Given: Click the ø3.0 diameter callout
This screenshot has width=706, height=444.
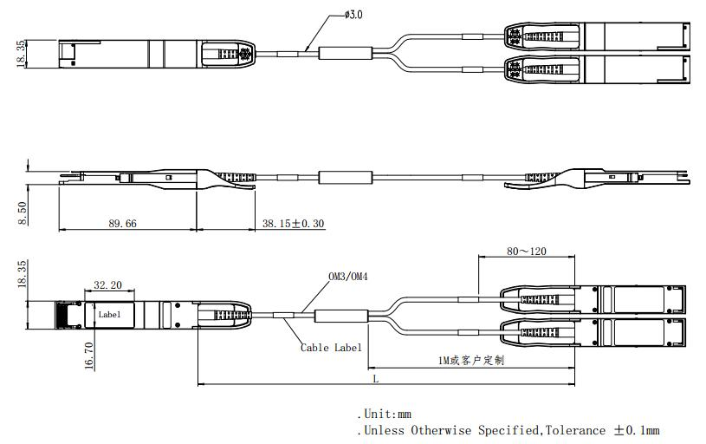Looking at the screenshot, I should coord(353,15).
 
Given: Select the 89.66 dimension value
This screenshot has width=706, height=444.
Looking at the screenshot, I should coord(122,223).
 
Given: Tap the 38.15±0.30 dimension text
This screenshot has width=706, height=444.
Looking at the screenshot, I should coord(293,223).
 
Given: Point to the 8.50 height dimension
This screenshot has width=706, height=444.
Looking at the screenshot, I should coord(21,212).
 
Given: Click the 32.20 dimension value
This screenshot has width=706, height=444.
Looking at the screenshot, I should coord(107,284).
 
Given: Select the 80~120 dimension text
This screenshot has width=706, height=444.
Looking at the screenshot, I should coord(526,251).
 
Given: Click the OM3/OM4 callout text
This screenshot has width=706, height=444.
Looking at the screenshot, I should coord(349,277).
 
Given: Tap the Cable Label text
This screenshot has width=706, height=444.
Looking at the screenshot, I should coord(331,348).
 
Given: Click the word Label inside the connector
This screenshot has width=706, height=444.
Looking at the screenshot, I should coord(109,314).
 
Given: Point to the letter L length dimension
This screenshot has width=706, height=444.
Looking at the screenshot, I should coord(375,378).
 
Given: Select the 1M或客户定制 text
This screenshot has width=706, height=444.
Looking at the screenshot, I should coord(472,360).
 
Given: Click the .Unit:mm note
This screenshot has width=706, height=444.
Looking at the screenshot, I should coord(384,415).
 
